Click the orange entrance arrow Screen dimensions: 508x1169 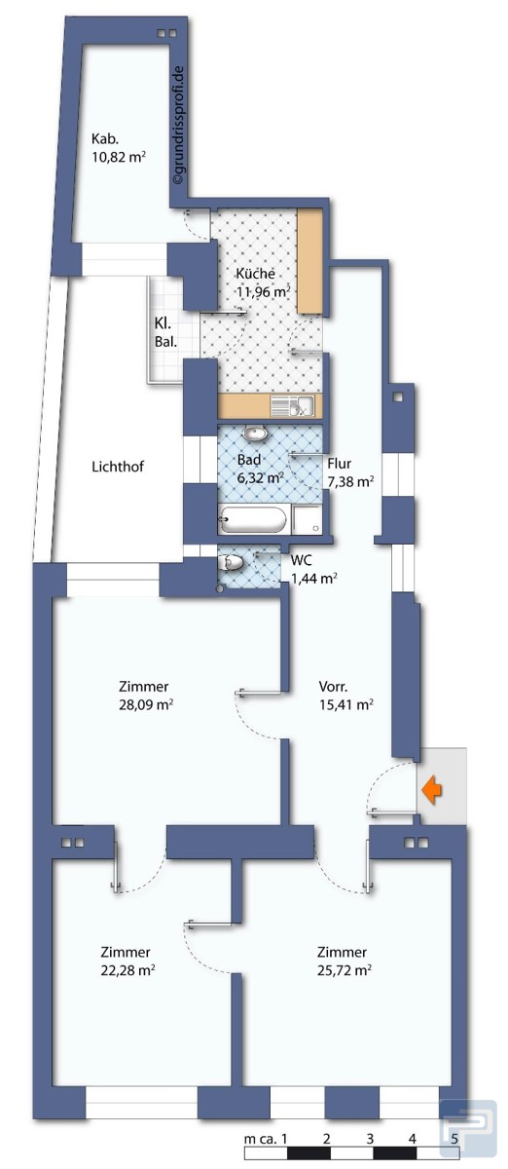tap(432, 790)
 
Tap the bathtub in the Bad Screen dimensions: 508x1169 tap(252, 519)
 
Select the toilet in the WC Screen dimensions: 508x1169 tap(231, 562)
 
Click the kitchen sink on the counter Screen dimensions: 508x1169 tap(292, 406)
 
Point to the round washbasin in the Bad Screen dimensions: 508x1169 tap(255, 433)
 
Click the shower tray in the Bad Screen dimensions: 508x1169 tap(308, 519)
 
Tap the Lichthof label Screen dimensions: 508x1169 tap(118, 467)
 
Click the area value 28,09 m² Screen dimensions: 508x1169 tap(146, 705)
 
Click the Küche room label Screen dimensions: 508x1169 tap(256, 274)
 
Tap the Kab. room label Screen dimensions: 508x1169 tap(105, 138)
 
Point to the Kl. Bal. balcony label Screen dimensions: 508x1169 tap(165, 332)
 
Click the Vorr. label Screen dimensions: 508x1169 tap(333, 686)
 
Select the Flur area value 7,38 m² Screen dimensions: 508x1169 tap(350, 481)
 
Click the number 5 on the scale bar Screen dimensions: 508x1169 tap(454, 1138)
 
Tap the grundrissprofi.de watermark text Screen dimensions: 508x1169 tap(178, 126)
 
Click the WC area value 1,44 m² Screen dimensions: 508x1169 tap(313, 579)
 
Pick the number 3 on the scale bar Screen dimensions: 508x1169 tap(370, 1138)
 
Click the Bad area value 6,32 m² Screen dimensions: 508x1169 tap(260, 477)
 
